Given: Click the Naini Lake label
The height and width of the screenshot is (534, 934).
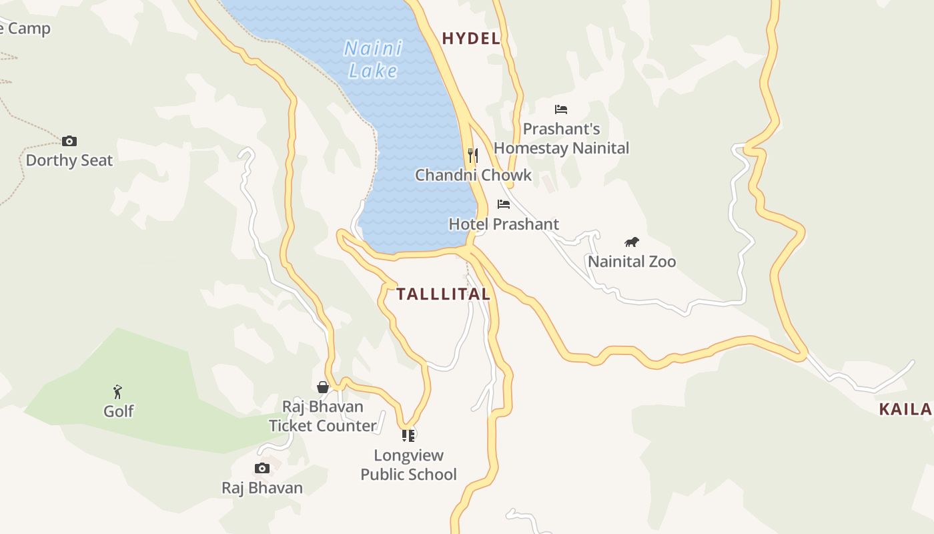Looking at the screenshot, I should pos(373,59).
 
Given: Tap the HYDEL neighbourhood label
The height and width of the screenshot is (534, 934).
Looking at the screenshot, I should pos(471,39).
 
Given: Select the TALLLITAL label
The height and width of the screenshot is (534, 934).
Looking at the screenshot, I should pos(444,294).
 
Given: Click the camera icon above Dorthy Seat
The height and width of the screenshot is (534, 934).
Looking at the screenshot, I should pos(69,141).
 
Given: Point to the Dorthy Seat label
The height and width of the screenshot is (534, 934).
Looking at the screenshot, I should pos(69,160).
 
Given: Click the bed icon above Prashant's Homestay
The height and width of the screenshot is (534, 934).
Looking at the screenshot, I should pos(561,109).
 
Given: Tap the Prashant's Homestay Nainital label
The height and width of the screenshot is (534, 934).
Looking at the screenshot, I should pos(561,138).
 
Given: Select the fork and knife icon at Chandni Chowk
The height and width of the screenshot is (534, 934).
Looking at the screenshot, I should pos(473,156).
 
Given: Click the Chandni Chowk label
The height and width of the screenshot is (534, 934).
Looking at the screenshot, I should pos(474,175).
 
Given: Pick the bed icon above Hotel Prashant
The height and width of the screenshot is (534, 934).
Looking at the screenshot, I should pos(504,204).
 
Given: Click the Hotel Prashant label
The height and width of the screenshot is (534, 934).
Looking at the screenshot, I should pos(504,224).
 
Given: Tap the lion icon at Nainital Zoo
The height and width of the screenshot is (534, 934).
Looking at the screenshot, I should pos(632,242).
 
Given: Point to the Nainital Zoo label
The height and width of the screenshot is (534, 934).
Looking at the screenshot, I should pos(632,262).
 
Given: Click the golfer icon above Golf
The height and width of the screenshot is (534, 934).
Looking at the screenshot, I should pos(118,392).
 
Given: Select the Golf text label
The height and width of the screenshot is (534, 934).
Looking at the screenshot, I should pos(119,411).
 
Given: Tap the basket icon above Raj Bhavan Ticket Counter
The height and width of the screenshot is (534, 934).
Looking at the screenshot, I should pos(323,387).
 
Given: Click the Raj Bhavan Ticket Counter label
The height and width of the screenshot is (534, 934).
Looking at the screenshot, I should pos(323,416).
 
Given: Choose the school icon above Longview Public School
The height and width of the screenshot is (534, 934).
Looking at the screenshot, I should pos(408,436).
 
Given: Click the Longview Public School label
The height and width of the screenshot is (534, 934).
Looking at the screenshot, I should pos(408,465).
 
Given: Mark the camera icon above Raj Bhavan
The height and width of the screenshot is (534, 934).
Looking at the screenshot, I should pos(262,468).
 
